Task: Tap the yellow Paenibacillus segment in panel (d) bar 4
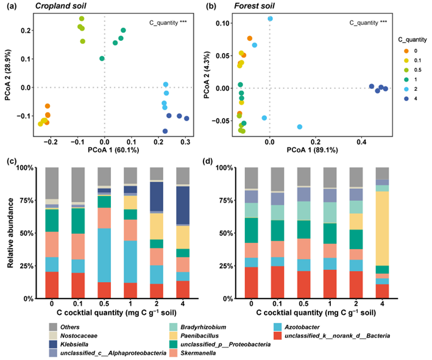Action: click(x=383, y=220)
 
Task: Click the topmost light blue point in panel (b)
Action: click(x=270, y=19)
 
